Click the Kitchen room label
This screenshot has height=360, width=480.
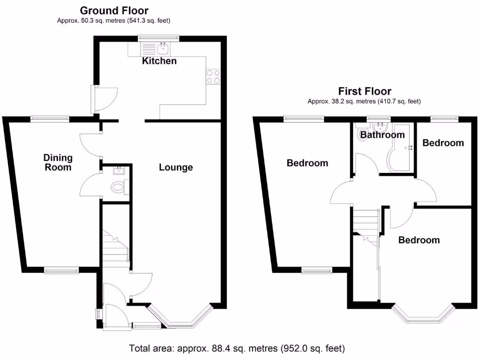159,61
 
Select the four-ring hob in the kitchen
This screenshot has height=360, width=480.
213,76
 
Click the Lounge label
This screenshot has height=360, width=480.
176,167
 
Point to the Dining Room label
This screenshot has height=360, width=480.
58,162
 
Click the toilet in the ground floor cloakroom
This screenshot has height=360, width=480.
119,188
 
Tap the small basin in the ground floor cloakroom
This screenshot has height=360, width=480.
118,170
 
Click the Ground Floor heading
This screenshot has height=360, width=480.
114,10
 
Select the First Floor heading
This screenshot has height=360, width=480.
365,91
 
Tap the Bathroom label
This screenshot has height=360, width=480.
382,135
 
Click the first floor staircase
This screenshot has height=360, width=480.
366,222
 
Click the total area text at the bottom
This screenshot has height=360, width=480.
237,349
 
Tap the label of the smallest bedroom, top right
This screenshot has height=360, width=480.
443,142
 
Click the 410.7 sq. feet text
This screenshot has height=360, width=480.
399,101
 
